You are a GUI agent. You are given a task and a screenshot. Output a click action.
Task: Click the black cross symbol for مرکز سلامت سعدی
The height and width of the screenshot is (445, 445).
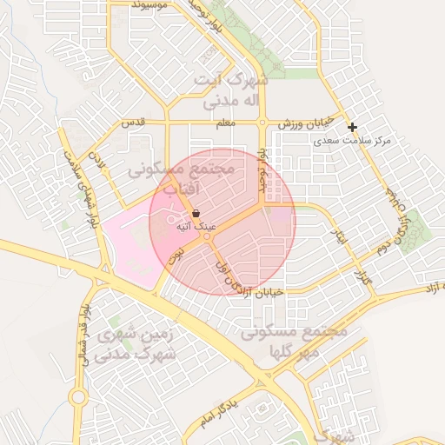pos(352,127)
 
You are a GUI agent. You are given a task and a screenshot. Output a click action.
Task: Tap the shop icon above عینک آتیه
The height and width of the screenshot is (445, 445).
pos(196,213)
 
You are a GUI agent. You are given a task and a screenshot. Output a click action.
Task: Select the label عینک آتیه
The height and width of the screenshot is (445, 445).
pos(196,226)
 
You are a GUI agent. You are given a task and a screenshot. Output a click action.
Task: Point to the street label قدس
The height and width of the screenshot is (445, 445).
pos(132,123)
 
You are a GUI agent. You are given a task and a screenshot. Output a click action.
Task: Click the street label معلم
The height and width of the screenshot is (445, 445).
pos(225,123)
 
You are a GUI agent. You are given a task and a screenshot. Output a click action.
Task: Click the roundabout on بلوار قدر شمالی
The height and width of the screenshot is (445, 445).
pos(77,397)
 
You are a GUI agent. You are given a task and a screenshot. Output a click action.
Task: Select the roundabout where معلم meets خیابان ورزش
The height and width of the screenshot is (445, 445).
pos(262,123)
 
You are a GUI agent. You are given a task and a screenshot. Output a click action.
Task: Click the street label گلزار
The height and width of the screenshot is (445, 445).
pos(362,279)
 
